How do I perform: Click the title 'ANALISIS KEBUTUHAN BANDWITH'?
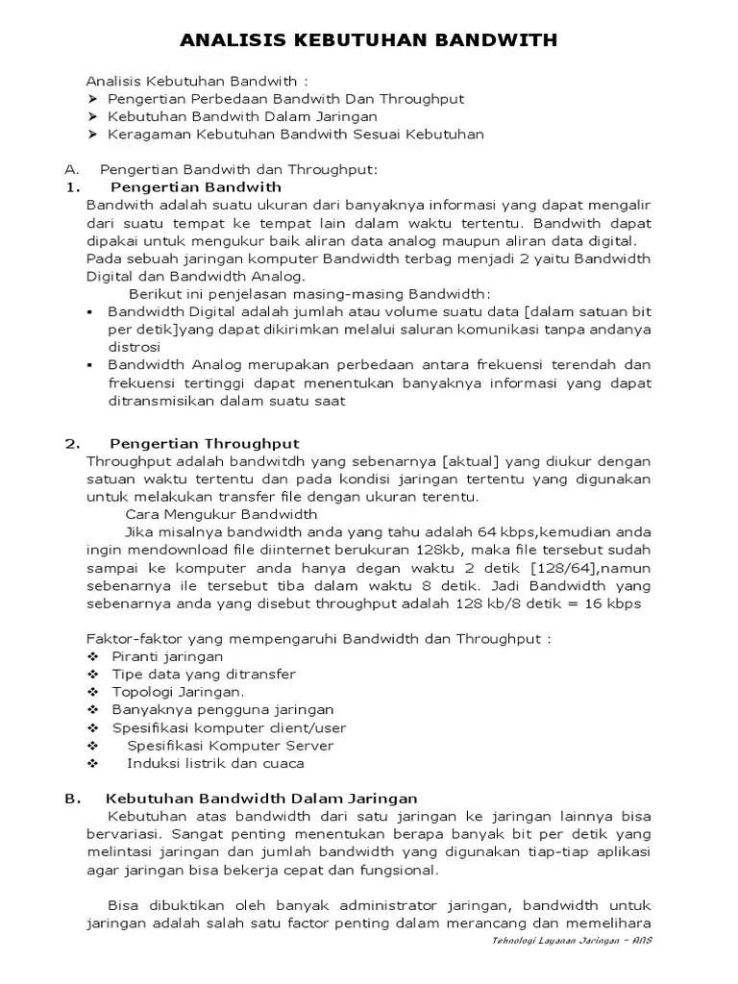(x=369, y=41)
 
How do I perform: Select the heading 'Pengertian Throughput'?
(x=205, y=443)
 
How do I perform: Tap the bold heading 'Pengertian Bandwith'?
(x=196, y=186)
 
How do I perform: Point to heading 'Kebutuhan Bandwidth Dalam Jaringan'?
(x=261, y=798)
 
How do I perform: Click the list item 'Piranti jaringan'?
(x=167, y=656)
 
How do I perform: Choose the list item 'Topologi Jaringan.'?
(x=178, y=692)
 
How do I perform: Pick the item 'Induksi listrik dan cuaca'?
(x=215, y=763)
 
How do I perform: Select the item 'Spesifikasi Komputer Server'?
(x=231, y=746)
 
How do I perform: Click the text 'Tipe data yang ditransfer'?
(x=204, y=674)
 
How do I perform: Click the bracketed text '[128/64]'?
(x=562, y=568)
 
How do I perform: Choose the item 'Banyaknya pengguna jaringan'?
(x=223, y=709)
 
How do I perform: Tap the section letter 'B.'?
(x=71, y=798)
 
